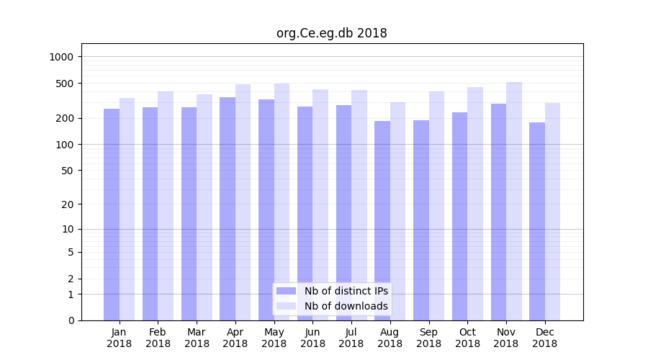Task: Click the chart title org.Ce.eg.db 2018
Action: [331, 33]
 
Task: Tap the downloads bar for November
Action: [514, 202]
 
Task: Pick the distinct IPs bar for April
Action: [228, 209]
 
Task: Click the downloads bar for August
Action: [397, 212]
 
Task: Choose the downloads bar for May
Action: [282, 202]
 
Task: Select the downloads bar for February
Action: [166, 206]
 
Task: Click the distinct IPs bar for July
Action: [343, 213]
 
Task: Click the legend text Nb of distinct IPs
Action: [346, 291]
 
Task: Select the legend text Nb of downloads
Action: [346, 306]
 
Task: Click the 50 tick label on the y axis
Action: [66, 171]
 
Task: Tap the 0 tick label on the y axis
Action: [71, 320]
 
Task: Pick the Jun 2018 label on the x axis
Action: [312, 338]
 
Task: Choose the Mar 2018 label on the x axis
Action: [197, 338]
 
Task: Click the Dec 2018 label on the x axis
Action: [544, 338]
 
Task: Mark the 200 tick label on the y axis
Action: [64, 118]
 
